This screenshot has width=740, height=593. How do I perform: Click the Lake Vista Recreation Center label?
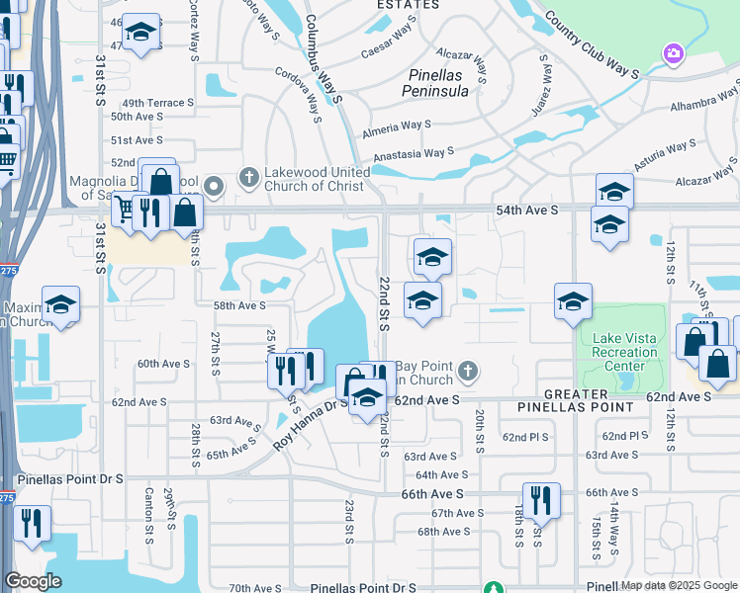pyautogui.click(x=624, y=352)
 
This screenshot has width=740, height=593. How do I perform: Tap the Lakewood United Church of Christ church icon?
pyautogui.click(x=248, y=179)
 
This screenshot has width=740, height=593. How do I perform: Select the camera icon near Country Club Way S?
pyautogui.click(x=675, y=52)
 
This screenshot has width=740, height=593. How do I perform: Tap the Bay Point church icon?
pyautogui.click(x=469, y=373)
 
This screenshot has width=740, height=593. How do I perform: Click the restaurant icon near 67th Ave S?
pyautogui.click(x=541, y=500)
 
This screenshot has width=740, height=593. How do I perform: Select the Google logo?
pyautogui.click(x=34, y=581)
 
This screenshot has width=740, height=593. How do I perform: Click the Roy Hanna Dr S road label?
pyautogui.click(x=311, y=423)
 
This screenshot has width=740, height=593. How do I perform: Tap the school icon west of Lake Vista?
pyautogui.click(x=573, y=303)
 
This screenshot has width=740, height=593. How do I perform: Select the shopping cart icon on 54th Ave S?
pyautogui.click(x=125, y=210)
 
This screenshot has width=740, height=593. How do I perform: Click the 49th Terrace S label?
pyautogui.click(x=156, y=103)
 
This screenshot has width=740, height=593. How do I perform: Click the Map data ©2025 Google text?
pyautogui.click(x=679, y=585)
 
